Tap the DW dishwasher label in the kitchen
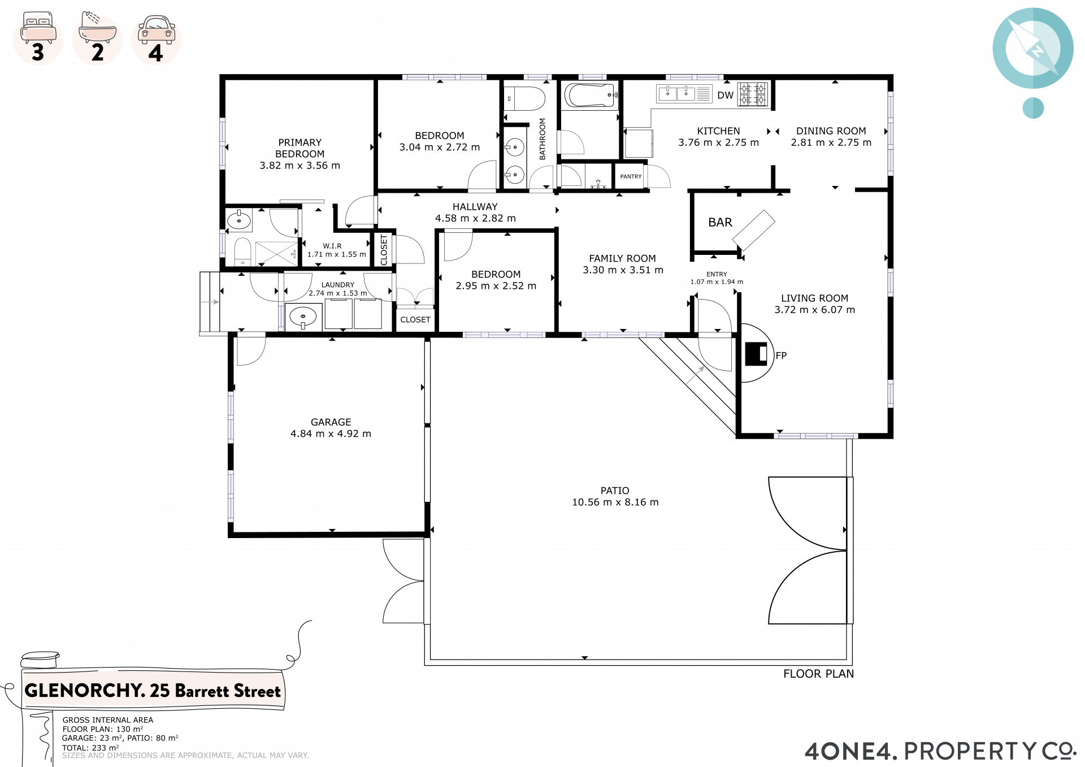725,96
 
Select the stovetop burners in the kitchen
753,94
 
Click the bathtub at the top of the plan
591,96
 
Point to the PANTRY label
631,176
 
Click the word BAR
720,223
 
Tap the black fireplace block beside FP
756,354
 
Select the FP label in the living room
781,356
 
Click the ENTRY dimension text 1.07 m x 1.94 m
717,282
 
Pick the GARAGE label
331,422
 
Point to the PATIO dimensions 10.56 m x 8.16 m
615,502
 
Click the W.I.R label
332,246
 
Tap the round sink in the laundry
303,317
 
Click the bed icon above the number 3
38,28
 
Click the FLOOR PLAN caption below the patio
818,674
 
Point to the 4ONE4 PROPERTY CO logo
940,751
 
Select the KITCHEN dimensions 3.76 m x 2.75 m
718,143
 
